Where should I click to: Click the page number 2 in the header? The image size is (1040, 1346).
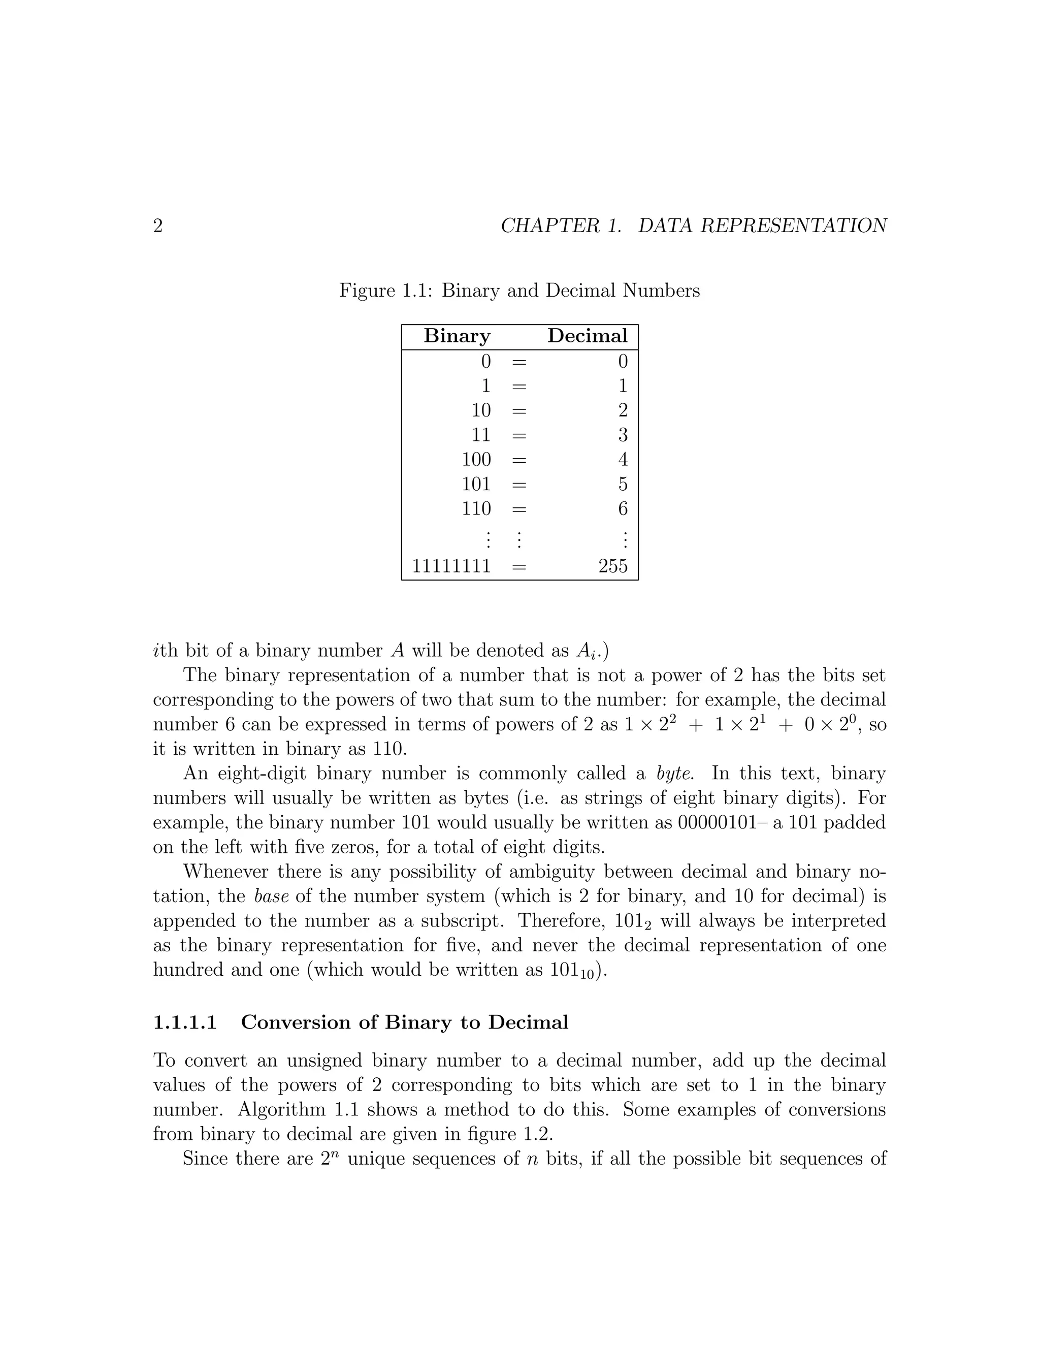pyautogui.click(x=158, y=226)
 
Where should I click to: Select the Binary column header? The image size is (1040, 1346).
pyautogui.click(x=457, y=336)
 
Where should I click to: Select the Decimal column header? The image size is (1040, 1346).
pyautogui.click(x=587, y=336)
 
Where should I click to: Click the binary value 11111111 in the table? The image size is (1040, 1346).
pyautogui.click(x=451, y=566)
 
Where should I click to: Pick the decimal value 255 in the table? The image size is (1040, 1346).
pyautogui.click(x=613, y=566)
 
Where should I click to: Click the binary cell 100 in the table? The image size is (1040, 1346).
pyautogui.click(x=476, y=460)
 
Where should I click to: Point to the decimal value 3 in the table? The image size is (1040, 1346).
pyautogui.click(x=623, y=435)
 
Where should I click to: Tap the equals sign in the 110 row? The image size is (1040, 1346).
pyautogui.click(x=519, y=509)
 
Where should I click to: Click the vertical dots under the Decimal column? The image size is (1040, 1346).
pyautogui.click(x=625, y=540)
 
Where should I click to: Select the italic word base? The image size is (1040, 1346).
pyautogui.click(x=271, y=896)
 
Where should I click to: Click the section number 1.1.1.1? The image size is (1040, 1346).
pyautogui.click(x=185, y=1022)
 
